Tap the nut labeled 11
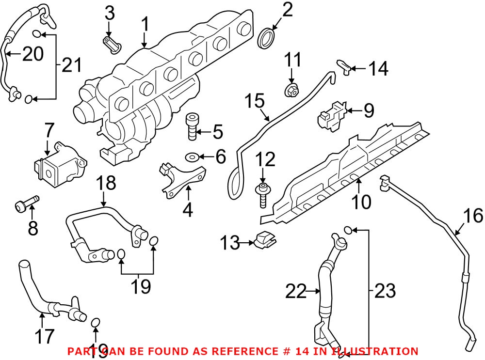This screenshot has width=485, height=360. [291, 90]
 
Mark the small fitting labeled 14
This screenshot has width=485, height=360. [345, 67]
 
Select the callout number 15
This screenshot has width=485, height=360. [255, 102]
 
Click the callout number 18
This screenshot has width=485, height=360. [106, 184]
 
